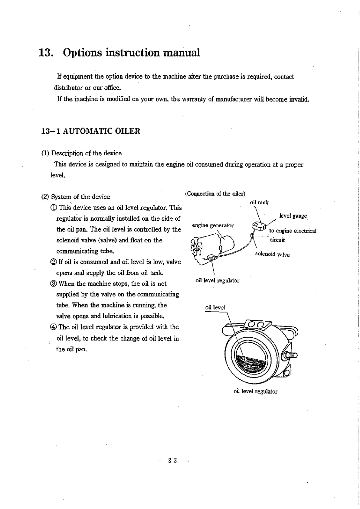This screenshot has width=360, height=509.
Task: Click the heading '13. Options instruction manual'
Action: pos(120,53)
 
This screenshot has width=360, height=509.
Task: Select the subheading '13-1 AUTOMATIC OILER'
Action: pos(91,131)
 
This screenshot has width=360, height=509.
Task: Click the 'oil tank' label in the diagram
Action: pos(259,203)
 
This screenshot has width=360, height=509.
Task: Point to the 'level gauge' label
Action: pos(293,216)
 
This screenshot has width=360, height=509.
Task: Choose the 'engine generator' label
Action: pos(213,225)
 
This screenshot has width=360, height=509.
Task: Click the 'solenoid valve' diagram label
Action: pos(272,254)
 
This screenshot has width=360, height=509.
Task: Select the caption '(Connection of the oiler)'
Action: pos(215,194)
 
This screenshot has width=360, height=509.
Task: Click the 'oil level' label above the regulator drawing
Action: pos(215,307)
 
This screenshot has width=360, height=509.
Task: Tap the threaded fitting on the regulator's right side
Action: pos(292,355)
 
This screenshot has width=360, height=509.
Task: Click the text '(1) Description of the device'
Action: pos(81,153)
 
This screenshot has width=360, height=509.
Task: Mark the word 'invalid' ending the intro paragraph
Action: pos(300,99)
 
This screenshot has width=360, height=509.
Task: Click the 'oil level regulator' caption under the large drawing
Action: pos(255,391)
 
